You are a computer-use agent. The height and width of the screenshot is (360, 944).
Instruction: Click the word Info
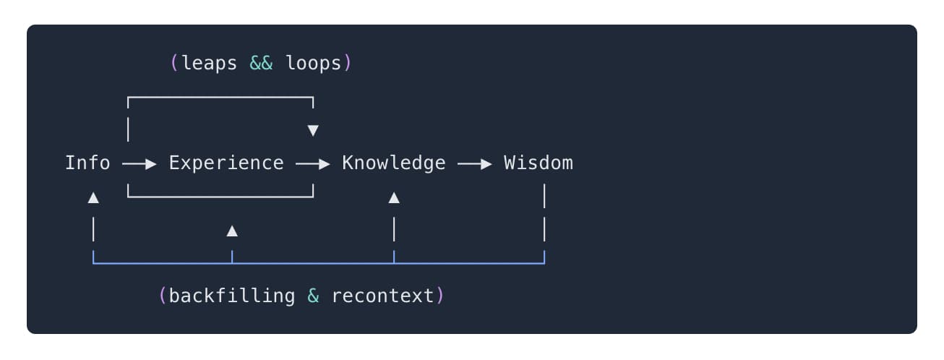click(x=87, y=163)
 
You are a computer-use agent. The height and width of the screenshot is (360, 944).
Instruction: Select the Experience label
click(x=226, y=163)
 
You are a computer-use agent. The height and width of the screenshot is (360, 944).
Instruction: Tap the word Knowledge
click(x=394, y=163)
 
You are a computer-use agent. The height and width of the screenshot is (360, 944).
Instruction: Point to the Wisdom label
click(x=538, y=163)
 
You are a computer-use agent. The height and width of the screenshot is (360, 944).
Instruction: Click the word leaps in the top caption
click(x=209, y=64)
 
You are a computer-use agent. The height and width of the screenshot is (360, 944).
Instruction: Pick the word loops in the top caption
click(x=313, y=64)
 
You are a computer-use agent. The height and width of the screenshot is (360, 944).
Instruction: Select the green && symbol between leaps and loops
click(x=261, y=64)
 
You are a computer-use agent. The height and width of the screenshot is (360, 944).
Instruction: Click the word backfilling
click(x=232, y=296)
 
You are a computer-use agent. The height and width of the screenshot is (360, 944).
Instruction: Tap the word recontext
click(x=382, y=296)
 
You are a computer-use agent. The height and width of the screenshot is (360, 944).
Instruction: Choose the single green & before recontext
click(x=313, y=296)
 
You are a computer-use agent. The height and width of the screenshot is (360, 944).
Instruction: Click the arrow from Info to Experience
click(x=140, y=165)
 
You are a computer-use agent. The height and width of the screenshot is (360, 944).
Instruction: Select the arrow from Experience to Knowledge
click(x=313, y=165)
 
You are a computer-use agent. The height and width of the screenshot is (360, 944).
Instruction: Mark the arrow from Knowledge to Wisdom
click(x=475, y=165)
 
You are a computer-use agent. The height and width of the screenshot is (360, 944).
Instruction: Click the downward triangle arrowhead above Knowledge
click(x=313, y=131)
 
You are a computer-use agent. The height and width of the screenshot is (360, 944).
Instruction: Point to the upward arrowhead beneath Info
click(x=93, y=198)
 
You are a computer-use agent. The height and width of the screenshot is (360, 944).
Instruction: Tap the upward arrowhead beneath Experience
click(x=232, y=231)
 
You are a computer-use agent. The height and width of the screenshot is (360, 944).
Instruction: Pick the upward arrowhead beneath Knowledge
click(x=394, y=198)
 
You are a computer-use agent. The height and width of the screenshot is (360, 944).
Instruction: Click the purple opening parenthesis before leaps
click(x=174, y=64)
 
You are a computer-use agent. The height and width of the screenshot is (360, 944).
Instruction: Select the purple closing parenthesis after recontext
click(x=439, y=296)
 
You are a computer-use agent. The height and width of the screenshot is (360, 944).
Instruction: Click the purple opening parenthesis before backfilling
click(x=163, y=296)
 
